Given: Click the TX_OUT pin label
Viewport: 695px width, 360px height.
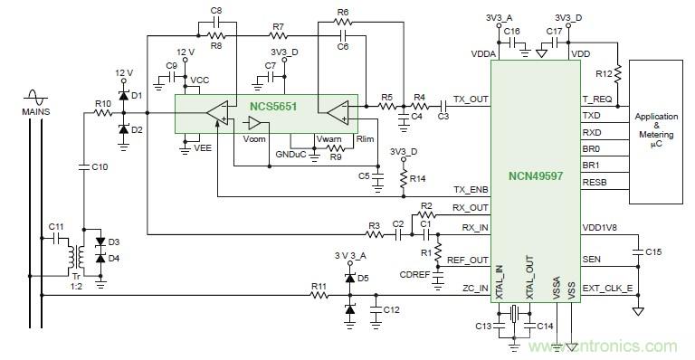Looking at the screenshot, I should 471,100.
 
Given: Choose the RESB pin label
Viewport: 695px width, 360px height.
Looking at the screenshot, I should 594,182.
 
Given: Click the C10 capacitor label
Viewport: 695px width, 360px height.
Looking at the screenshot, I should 100,166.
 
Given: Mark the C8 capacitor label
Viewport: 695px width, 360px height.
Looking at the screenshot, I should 215,9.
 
